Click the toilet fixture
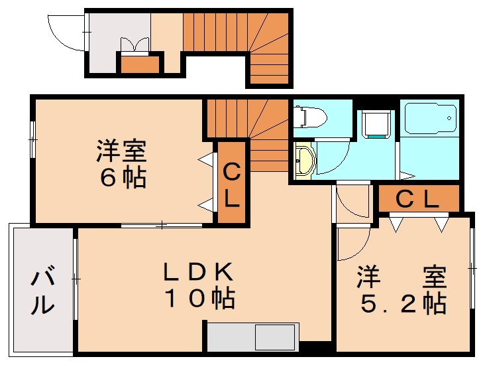[310, 117]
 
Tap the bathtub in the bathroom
[430, 118]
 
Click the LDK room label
[197, 272]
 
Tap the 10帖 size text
[200, 299]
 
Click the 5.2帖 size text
[403, 303]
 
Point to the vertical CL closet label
[232, 186]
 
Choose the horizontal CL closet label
[417, 200]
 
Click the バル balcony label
[43, 292]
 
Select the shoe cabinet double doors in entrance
[134, 45]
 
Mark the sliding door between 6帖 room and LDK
[162, 226]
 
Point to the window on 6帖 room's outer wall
[33, 140]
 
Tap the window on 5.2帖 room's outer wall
[472, 268]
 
